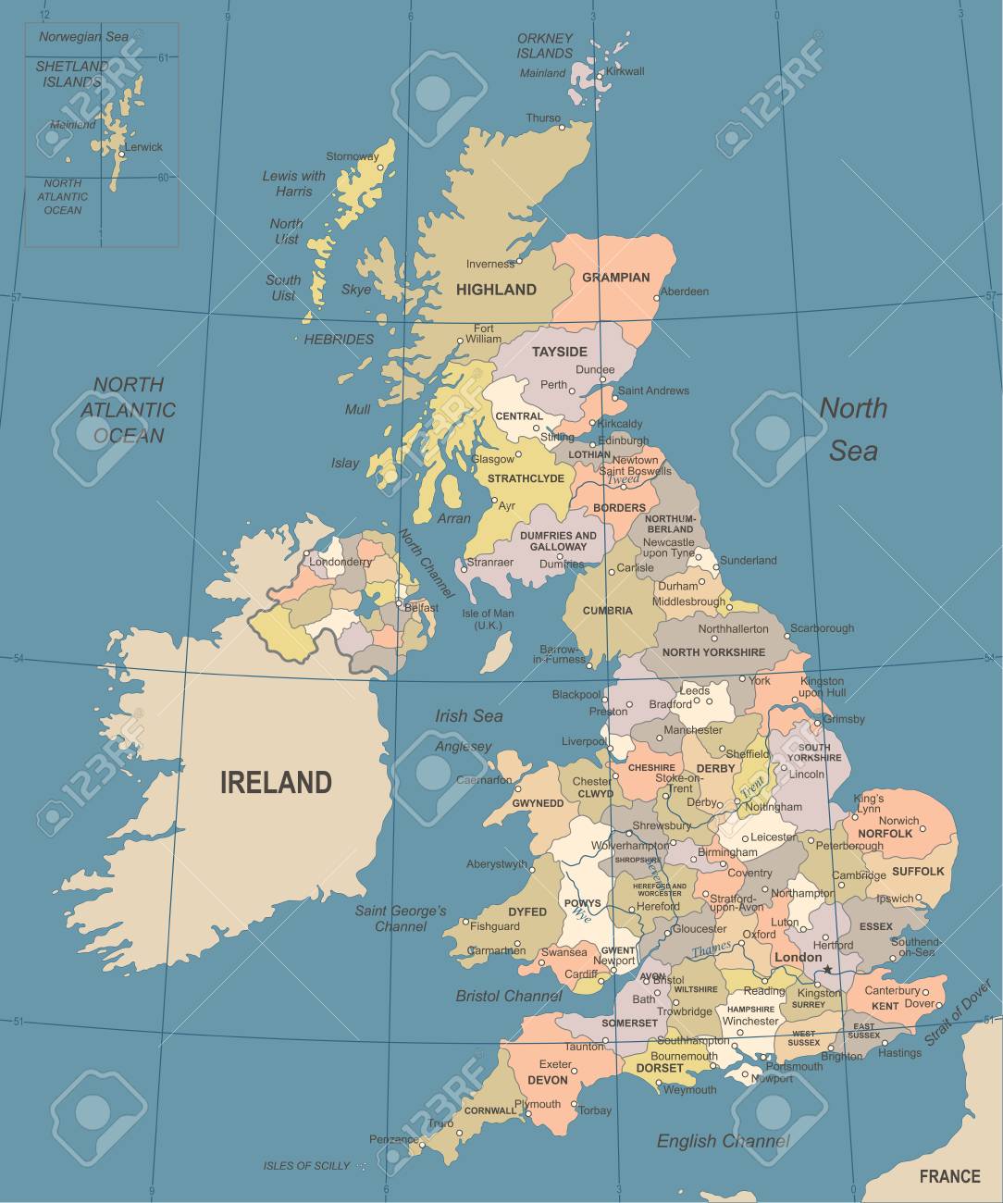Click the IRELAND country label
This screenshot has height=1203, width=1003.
(276, 783)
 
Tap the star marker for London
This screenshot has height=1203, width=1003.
(828, 970)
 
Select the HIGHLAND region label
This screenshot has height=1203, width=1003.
(496, 290)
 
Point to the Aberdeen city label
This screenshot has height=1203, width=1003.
(686, 291)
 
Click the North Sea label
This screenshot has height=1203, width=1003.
(853, 428)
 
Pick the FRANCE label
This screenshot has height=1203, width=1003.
(949, 1176)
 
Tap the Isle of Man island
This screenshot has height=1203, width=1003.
(498, 651)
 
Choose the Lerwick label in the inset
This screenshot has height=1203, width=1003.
(143, 147)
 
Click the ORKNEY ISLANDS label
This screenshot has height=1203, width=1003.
(545, 46)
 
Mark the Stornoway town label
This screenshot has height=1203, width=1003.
(352, 156)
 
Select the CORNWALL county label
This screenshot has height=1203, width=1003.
(489, 1110)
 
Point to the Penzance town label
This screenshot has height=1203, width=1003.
(393, 1139)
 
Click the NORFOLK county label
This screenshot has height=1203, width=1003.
(885, 833)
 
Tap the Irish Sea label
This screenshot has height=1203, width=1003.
(469, 715)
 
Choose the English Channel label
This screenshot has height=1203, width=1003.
(723, 1141)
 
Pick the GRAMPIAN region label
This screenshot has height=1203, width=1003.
(615, 277)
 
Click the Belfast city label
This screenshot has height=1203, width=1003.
(421, 608)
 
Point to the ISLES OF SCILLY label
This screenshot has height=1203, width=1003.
(306, 1166)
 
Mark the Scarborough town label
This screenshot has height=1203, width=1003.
(823, 628)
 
